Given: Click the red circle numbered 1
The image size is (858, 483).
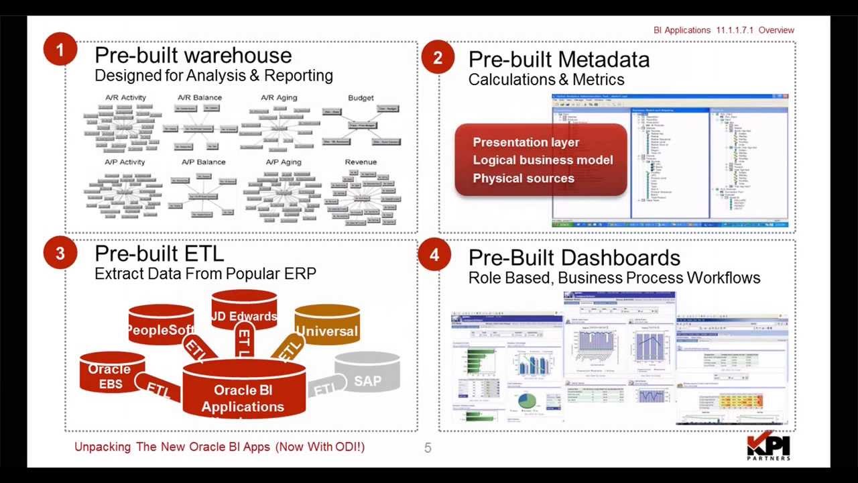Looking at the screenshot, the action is pos(60,50).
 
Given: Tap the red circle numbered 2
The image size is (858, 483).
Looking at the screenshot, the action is pos(438,58).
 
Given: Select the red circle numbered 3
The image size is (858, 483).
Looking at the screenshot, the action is pos(60,253).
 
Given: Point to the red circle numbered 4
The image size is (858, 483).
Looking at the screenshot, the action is pos(434,255).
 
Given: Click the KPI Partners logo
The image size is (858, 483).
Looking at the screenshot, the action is pos(768,447).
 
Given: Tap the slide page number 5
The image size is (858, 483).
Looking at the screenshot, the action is pos(428,448).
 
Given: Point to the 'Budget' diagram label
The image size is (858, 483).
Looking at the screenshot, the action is pos(361,98).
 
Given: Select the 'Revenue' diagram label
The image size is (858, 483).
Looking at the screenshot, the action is pos(361,162).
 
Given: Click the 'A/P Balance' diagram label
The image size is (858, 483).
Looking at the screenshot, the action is pos(203,162).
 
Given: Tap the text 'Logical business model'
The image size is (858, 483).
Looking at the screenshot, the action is pos(543,160).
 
